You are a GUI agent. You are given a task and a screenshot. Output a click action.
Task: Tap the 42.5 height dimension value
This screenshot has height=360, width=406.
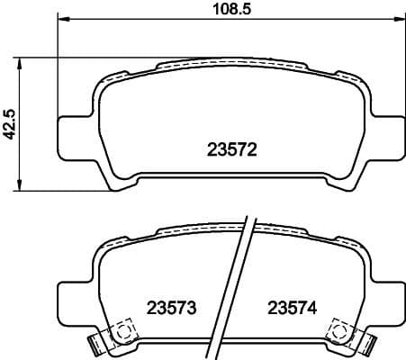pyautogui.click(x=10, y=124)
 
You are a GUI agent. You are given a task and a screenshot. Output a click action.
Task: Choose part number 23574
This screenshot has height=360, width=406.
pyautogui.click(x=291, y=307)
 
